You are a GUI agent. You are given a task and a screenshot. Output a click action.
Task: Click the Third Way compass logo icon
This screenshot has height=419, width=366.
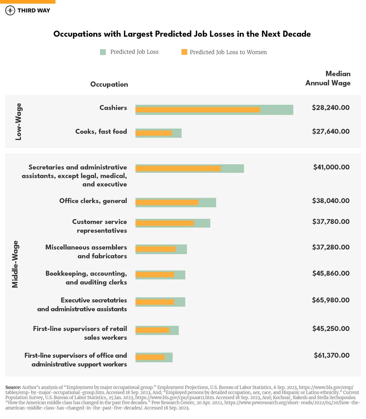click(10, 10)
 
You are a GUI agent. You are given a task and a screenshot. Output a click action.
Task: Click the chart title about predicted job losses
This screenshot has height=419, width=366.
click(182, 34)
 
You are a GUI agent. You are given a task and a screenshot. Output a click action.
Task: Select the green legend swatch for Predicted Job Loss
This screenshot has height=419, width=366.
click(103, 52)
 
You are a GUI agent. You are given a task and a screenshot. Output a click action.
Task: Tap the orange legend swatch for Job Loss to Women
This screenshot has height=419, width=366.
click(184, 52)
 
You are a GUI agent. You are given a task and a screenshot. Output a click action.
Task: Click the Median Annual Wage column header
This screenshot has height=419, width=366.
click(328, 78)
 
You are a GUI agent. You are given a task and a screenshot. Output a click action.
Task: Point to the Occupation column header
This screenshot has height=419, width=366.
click(109, 84)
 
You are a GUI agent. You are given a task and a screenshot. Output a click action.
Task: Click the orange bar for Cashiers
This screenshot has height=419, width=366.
click(197, 110)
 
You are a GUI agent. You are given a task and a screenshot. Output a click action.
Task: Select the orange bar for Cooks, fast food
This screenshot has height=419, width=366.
click(154, 133)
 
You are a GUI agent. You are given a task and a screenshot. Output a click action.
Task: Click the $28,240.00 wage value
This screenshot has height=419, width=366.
click(331, 108)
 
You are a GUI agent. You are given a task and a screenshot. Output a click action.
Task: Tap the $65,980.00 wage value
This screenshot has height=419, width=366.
click(331, 300)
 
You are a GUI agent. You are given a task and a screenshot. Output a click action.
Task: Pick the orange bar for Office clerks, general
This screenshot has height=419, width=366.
click(167, 203)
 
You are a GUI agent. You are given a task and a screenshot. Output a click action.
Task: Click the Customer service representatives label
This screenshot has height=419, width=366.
click(100, 226)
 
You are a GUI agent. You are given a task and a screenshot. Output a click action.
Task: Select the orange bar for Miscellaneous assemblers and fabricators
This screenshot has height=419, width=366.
click(155, 249)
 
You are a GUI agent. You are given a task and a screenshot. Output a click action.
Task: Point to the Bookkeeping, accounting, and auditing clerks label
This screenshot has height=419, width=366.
click(86, 278)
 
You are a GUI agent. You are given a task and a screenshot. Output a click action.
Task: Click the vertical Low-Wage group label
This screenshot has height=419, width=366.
click(18, 121)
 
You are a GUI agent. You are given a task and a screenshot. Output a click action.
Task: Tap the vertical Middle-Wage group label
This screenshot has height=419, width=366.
click(15, 264)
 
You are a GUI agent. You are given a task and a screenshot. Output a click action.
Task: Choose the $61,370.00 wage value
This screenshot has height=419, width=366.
click(331, 355)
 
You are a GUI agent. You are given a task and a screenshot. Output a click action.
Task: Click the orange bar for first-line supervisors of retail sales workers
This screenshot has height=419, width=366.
click(152, 330)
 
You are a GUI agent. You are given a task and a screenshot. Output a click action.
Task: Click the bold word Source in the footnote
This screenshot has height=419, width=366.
click(13, 387)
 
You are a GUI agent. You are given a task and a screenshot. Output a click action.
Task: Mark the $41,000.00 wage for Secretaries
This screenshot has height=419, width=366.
click(331, 167)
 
